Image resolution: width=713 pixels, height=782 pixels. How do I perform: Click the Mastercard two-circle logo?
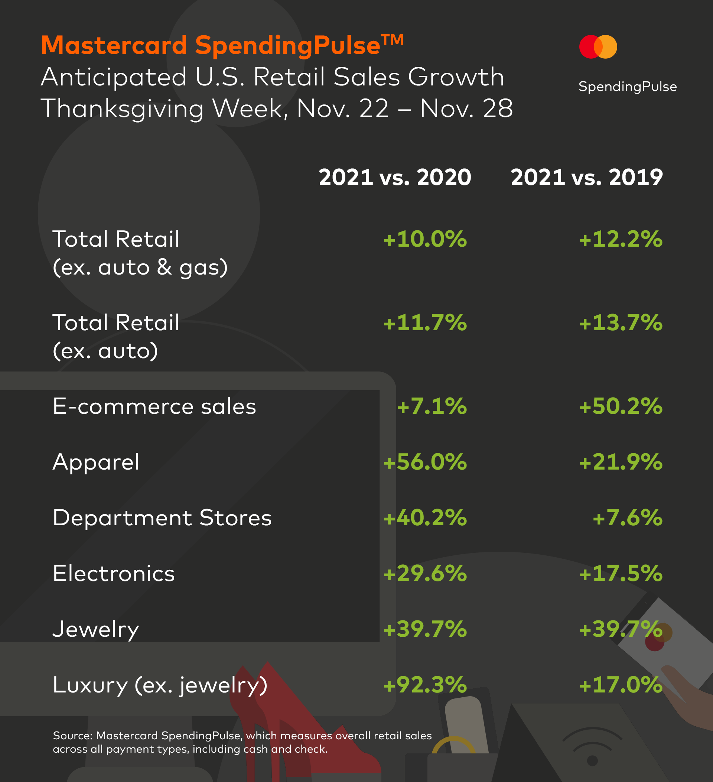point(598,46)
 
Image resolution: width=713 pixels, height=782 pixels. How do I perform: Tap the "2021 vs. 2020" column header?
point(395,177)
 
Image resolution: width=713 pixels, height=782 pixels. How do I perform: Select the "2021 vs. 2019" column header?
point(587,177)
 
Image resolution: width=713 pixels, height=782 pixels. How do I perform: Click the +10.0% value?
point(425,239)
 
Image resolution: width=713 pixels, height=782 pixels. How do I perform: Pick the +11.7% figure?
point(425,323)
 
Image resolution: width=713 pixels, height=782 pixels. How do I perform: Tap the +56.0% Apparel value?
point(425,462)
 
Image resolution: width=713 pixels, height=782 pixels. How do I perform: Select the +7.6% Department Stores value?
point(627,518)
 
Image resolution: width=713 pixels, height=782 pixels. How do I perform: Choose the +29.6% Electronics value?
point(425,574)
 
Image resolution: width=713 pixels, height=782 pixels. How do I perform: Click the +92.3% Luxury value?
point(425,685)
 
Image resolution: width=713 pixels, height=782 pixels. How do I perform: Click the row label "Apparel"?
point(96,462)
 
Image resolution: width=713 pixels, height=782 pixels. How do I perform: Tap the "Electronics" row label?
point(114,574)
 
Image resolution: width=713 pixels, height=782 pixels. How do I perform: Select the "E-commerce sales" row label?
point(154,406)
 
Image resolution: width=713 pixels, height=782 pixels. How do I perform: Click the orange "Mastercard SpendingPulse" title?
point(222,45)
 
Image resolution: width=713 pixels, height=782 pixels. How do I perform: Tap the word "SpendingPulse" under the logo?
point(627,87)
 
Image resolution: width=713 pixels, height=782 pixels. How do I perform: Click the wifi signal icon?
point(592,747)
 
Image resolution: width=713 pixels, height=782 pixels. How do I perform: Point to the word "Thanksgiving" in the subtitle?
point(122,108)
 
